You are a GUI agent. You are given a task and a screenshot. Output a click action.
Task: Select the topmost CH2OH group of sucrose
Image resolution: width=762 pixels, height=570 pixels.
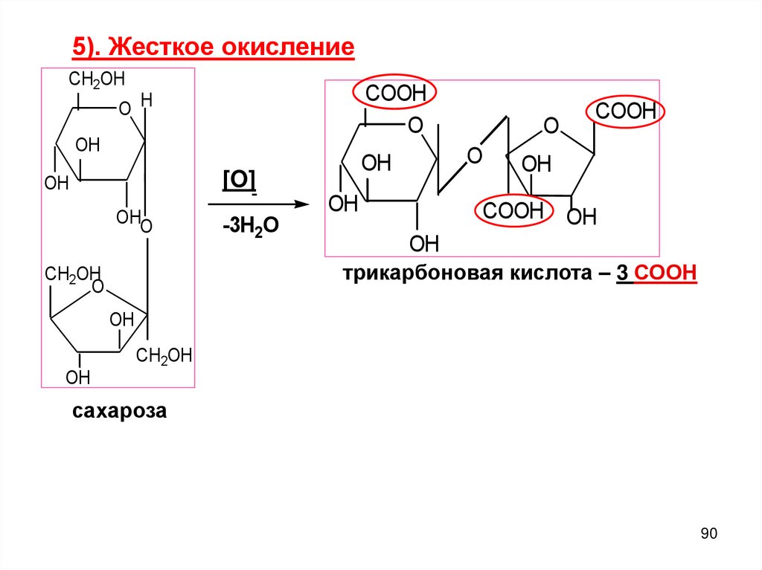point(97,80)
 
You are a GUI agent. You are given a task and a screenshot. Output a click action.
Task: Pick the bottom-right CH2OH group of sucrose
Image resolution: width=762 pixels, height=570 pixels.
point(164,356)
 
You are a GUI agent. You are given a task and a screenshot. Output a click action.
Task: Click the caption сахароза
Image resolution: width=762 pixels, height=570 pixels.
point(119,411)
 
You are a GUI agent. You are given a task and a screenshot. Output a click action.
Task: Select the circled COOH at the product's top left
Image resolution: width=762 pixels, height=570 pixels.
point(394,94)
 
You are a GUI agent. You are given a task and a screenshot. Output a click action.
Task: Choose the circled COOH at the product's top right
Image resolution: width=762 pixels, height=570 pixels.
point(625,113)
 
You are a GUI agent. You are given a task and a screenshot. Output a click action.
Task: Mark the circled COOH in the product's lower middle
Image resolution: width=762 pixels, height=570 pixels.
point(513,211)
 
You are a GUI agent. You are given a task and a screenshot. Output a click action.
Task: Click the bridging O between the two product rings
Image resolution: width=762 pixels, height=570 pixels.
point(474,157)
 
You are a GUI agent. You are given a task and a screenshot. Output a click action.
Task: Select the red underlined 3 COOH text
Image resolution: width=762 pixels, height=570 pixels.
point(656,274)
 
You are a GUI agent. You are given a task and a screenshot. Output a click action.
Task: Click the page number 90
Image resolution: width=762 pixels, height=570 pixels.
point(708,534)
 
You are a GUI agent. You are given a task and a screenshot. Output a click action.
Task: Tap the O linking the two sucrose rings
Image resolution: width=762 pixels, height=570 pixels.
point(146,225)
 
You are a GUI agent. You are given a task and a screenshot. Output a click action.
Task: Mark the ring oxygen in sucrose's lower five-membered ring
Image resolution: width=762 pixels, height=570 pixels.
point(97,288)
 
